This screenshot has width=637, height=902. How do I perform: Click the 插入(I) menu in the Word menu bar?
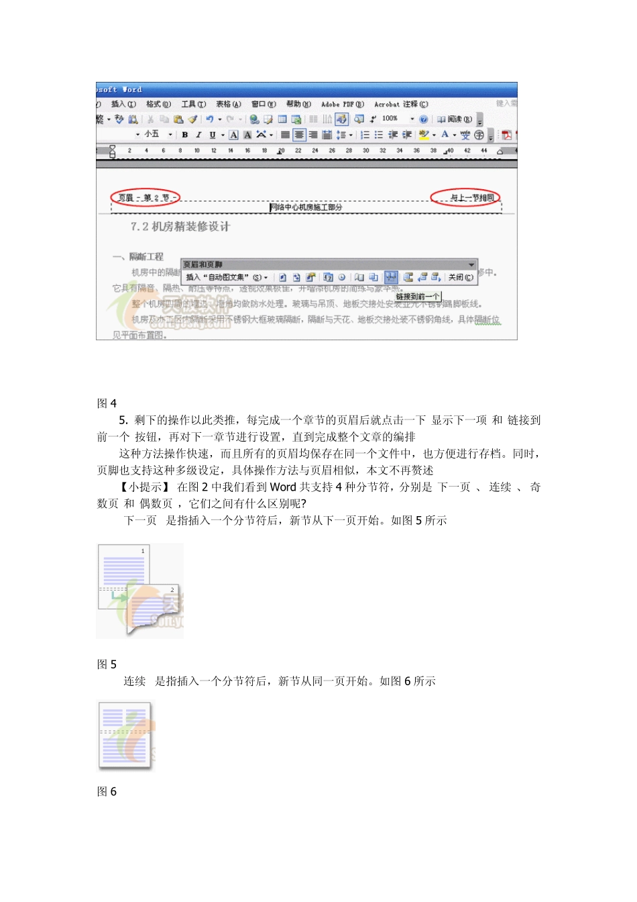123,104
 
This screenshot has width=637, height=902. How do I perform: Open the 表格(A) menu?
228,104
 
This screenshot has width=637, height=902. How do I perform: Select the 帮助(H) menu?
298,104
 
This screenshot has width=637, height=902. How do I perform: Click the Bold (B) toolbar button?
184,135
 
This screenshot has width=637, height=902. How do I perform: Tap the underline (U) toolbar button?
213,135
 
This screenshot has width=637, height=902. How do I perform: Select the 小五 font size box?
152,134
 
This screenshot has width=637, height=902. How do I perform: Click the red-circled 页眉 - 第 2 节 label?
146,197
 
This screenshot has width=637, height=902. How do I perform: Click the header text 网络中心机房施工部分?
306,207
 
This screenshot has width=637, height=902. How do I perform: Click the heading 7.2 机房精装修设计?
180,227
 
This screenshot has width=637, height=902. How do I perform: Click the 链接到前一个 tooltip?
417,296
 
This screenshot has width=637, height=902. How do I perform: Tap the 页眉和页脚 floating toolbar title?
203,264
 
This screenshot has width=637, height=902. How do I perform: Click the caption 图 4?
107,403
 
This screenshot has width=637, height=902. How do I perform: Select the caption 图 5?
107,664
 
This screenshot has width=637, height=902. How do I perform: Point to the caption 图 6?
107,792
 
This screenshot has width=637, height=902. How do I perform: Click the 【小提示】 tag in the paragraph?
143,487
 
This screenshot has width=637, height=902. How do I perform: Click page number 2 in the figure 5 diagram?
172,590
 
